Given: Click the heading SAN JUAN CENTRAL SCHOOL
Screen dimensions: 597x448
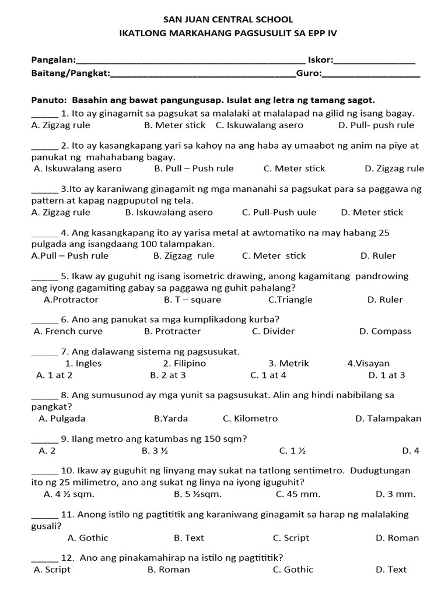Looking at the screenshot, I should click(228, 20).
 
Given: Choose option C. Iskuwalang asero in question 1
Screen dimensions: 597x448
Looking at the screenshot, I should click(259, 125).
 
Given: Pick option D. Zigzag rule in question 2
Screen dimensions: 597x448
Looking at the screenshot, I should click(394, 168).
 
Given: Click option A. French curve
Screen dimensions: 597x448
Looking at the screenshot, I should click(68, 331).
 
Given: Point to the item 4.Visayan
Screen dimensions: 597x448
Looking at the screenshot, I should click(369, 363).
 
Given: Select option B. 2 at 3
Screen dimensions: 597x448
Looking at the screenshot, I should click(168, 375).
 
